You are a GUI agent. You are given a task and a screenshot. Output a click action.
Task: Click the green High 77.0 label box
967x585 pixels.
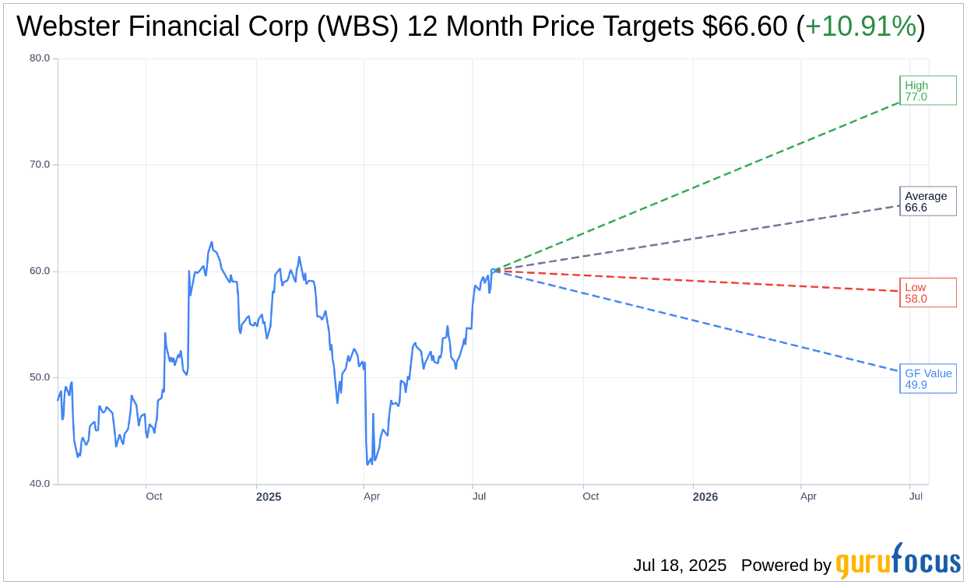pyautogui.click(x=927, y=90)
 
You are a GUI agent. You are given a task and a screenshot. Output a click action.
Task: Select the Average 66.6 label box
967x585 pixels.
pyautogui.click(x=927, y=201)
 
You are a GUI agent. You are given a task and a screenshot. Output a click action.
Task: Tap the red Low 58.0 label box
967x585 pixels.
pyautogui.click(x=927, y=292)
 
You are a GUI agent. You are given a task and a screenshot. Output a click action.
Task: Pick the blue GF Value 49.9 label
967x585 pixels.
pyautogui.click(x=927, y=379)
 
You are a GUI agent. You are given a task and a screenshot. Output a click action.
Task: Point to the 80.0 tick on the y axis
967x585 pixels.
pyautogui.click(x=40, y=58)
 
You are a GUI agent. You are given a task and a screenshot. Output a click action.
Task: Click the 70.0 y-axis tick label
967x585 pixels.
pyautogui.click(x=40, y=165)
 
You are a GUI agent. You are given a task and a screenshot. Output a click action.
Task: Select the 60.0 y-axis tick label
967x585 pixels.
pyautogui.click(x=40, y=271)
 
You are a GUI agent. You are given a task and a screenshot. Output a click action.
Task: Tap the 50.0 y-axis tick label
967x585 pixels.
pyautogui.click(x=40, y=378)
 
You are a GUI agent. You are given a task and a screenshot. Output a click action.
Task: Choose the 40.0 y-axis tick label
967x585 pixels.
pyautogui.click(x=40, y=484)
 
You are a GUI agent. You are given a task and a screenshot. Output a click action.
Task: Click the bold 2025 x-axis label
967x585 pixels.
pyautogui.click(x=269, y=497)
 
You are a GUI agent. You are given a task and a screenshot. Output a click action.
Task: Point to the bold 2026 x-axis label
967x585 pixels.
pyautogui.click(x=705, y=497)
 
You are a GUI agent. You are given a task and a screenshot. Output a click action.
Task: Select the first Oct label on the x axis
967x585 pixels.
pyautogui.click(x=154, y=496)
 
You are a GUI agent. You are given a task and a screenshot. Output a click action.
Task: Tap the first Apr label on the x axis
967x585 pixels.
pyautogui.click(x=372, y=496)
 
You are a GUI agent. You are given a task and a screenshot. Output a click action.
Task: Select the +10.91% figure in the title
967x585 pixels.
pyautogui.click(x=860, y=26)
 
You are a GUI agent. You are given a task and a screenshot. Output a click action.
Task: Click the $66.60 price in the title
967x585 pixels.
pyautogui.click(x=744, y=26)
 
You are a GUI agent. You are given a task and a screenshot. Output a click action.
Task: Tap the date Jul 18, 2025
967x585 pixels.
pyautogui.click(x=680, y=566)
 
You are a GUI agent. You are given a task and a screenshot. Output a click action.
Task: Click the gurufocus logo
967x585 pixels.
pyautogui.click(x=898, y=562)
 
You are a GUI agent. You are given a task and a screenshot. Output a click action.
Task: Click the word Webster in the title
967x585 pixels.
pyautogui.click(x=66, y=26)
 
